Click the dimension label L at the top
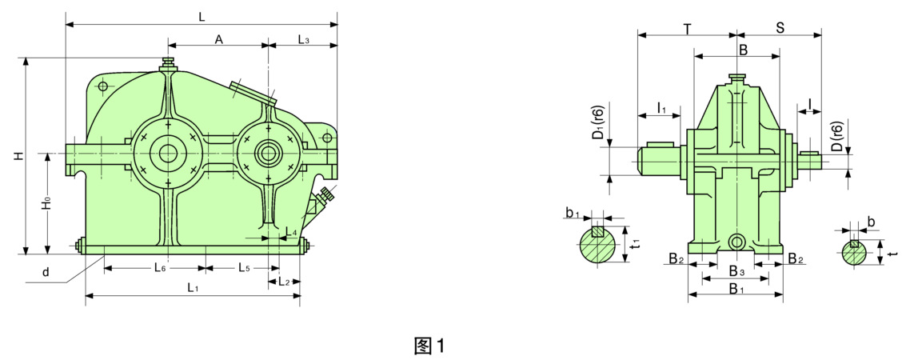tap(202, 17)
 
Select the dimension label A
tap(219, 39)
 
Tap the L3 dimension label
tap(303, 39)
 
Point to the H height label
tap(19, 156)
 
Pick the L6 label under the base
tap(160, 268)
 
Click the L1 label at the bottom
tap(194, 287)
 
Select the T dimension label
tap(687, 29)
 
